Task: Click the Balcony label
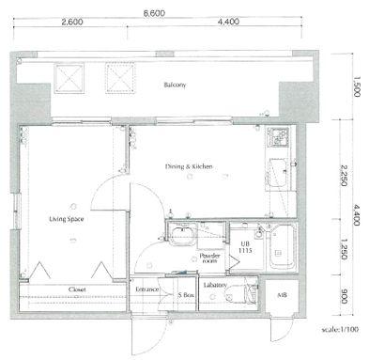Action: point(175,85)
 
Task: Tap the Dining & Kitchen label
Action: point(189,166)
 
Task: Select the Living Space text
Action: point(67,219)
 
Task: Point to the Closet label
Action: point(77,290)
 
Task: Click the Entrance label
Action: point(147,290)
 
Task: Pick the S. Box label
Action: point(186,295)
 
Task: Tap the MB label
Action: point(282,295)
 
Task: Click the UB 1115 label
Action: point(245,247)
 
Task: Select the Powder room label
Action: point(209,258)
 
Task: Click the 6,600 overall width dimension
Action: point(154,13)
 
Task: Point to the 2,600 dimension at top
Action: point(72,22)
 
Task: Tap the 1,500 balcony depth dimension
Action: point(357,86)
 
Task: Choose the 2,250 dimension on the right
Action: point(344,176)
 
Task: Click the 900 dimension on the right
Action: point(344,296)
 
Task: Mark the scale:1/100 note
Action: point(340,329)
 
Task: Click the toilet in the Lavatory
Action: point(240,294)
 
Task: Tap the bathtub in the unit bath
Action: point(283,247)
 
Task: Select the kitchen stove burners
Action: point(278,137)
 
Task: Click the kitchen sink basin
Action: point(278,173)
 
